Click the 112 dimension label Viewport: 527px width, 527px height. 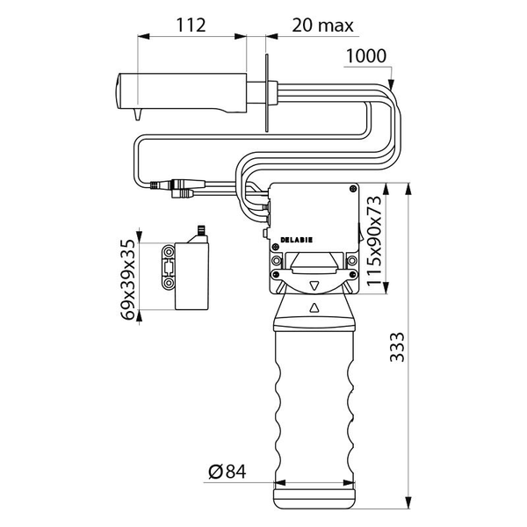pos(191,25)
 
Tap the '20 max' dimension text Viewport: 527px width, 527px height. pos(322,25)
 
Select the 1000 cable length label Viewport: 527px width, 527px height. pos(366,56)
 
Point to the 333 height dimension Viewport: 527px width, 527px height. pos(397,347)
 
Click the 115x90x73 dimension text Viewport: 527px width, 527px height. pos(374,241)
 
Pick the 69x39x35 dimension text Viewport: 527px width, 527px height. pos(128,279)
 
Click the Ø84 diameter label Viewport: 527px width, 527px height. pos(227,472)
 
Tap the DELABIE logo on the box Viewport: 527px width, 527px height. pos(297,240)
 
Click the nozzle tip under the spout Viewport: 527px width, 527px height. pos(138,114)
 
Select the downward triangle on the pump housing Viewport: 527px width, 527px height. pos(314,286)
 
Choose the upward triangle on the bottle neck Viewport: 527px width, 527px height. pos(314,308)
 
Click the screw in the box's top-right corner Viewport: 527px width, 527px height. pos(352,189)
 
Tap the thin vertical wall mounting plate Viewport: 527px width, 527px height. pos(267,93)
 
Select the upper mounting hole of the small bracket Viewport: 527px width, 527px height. pos(168,251)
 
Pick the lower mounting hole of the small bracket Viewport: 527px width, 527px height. pos(168,283)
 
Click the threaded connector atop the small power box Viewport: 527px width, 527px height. pos(201,230)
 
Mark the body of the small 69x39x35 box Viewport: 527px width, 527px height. pos(191,276)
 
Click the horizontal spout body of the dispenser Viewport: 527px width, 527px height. pos(182,91)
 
